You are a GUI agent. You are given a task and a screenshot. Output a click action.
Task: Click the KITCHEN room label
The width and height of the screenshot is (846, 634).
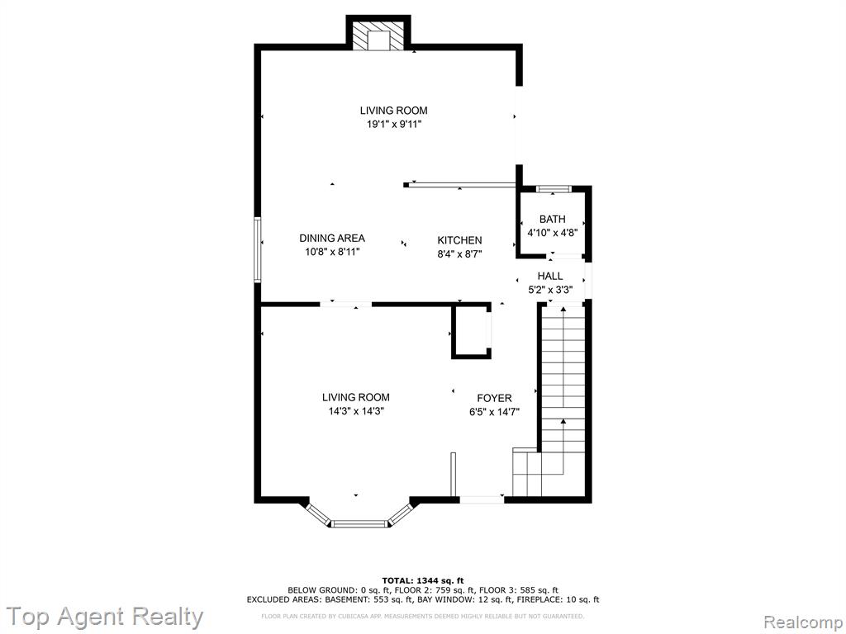coord(459,240)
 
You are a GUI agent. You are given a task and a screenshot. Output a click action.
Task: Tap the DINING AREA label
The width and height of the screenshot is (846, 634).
coord(332,238)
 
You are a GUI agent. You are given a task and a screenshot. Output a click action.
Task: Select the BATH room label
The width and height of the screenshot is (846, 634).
coord(553,219)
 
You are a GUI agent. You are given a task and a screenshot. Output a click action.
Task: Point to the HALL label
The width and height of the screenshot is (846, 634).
coord(549,276)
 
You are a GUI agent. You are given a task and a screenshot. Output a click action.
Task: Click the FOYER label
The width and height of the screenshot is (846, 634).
coord(494,399)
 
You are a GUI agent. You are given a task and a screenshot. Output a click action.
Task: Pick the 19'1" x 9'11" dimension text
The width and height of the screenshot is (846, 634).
coord(394,125)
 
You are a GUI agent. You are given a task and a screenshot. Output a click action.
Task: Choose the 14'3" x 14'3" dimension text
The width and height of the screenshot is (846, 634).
coord(356,411)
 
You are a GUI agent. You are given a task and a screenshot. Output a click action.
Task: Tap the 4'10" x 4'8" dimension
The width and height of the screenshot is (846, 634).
coord(553,233)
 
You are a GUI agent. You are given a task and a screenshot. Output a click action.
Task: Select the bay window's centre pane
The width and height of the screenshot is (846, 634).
coord(359,523)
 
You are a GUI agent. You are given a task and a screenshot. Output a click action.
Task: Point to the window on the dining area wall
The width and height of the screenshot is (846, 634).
coord(258,249)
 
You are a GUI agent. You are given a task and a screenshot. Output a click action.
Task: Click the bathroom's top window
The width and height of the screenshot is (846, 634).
coord(554,189)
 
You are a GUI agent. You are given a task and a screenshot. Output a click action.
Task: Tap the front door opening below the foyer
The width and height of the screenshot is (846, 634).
coord(482,499)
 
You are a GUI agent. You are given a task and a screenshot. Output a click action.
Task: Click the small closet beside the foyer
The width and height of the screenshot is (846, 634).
coord(472,331)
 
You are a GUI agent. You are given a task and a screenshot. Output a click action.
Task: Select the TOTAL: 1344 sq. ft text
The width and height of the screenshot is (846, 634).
coord(423,580)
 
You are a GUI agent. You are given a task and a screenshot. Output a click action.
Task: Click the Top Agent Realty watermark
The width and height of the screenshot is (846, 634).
coord(105,617)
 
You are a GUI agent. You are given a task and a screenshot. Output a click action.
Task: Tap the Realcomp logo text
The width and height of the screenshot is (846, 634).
coord(801,622)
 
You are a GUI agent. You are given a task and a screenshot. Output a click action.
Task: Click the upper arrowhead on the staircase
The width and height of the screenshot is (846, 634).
coord(563,309)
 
